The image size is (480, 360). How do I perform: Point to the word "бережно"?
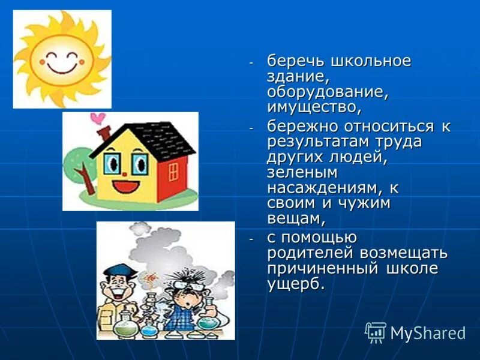pos(302,127)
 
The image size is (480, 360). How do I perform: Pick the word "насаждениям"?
pos(324,188)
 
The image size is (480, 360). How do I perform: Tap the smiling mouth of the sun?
pos(62,65)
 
